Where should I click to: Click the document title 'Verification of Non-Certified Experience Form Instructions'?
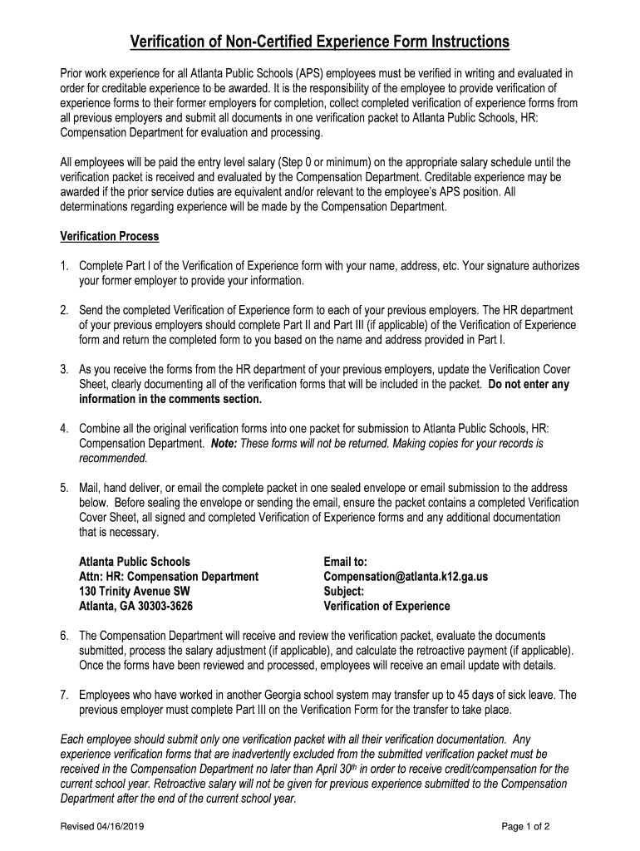coord(319,42)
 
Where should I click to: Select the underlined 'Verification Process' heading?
coord(109,237)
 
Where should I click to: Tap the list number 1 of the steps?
coord(64,267)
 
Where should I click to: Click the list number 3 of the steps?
coord(64,369)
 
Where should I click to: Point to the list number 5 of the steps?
coord(64,488)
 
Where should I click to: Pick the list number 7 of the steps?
coord(64,695)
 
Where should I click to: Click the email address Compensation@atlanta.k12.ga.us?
coord(405,577)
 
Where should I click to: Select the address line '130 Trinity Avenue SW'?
coord(128,592)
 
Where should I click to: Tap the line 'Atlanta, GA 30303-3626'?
coord(133,607)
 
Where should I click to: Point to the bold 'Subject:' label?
coord(343,592)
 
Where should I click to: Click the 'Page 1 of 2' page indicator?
coord(526,827)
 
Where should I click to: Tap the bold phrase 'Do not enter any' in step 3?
coord(529,385)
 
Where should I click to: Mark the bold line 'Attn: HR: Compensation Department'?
coord(169,577)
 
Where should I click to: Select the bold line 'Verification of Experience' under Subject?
coord(386,607)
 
